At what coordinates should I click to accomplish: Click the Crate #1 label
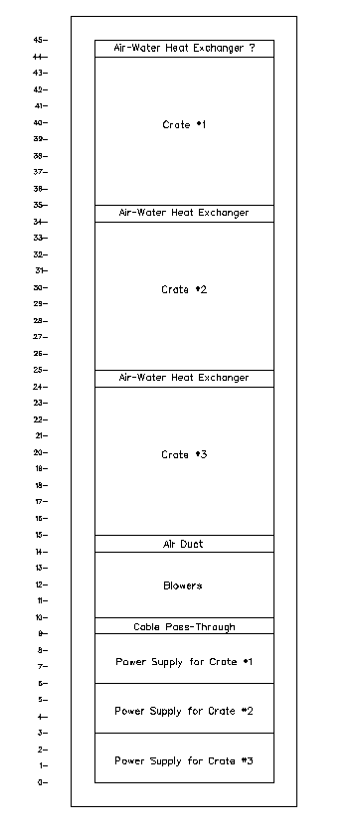click(184, 125)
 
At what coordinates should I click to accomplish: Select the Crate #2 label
click(184, 290)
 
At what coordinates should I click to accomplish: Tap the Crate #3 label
click(184, 454)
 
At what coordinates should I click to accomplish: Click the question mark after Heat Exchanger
click(252, 48)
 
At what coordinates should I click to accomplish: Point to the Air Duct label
click(183, 544)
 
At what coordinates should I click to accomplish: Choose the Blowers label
click(183, 585)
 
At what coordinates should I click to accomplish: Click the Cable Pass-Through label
click(184, 627)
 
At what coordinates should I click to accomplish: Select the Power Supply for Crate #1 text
click(184, 662)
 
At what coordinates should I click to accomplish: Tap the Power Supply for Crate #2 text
click(184, 711)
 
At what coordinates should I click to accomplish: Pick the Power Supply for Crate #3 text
click(184, 761)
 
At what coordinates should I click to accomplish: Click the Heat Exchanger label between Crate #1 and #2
click(184, 213)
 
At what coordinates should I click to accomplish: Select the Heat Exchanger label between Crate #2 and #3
click(184, 378)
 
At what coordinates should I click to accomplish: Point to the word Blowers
click(183, 585)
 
